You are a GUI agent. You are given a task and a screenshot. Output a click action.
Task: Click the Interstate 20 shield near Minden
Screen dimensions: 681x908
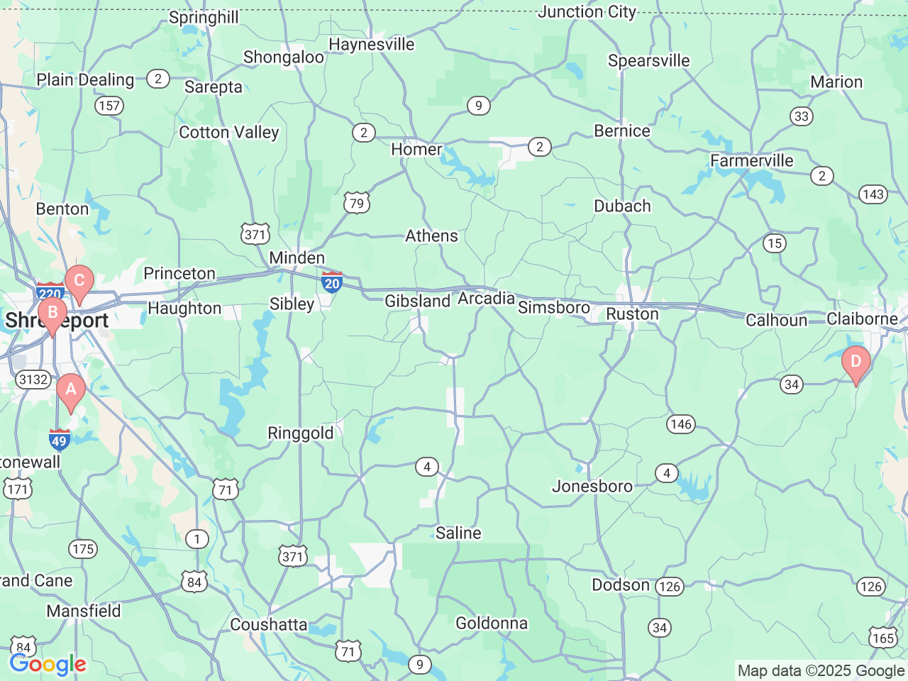332,282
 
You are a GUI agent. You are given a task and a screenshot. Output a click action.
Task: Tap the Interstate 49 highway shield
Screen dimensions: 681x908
59,439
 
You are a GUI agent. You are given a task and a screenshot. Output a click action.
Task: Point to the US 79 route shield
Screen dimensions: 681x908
356,203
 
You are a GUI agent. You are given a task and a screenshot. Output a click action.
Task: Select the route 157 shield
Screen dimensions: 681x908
109,106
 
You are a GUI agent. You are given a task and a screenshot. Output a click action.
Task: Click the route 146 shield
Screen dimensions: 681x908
680,424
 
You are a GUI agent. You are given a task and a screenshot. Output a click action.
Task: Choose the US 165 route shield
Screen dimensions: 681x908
883,637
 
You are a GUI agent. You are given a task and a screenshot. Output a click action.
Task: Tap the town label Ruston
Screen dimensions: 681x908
632,314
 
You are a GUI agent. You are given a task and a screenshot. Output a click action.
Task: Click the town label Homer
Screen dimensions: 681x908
416,150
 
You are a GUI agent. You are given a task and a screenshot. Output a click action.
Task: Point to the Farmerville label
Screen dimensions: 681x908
752,161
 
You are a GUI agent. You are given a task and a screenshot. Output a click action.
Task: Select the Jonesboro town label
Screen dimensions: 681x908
592,486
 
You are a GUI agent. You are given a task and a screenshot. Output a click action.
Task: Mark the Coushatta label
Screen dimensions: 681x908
269,624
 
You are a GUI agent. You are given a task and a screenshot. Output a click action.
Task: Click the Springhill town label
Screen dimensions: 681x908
204,17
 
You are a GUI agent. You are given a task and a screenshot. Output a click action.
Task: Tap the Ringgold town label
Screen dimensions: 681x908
300,433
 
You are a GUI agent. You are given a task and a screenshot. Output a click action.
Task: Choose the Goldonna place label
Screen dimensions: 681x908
492,623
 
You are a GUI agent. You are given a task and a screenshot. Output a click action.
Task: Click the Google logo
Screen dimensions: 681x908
48,665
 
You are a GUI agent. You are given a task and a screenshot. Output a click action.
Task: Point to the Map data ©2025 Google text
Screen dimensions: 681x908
821,670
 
